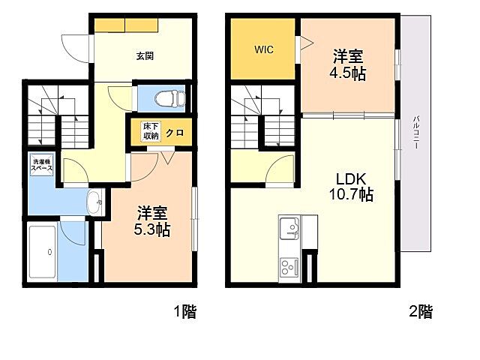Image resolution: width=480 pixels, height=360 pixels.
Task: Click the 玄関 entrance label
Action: click(x=145, y=56)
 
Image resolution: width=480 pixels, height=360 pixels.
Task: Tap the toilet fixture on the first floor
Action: click(x=170, y=98)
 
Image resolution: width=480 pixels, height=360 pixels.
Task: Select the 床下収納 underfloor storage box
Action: click(x=151, y=131)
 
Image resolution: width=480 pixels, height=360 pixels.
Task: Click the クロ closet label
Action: click(x=175, y=133)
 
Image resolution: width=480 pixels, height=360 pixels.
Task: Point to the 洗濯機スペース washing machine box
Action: click(x=42, y=165)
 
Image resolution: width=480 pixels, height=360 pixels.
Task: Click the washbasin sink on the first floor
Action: click(x=95, y=202)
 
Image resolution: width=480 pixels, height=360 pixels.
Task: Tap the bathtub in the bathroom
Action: click(x=42, y=252)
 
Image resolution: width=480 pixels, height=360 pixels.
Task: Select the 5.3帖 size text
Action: click(x=152, y=229)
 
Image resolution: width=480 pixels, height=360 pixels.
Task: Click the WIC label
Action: click(x=263, y=49)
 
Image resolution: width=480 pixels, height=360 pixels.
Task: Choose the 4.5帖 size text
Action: click(x=348, y=73)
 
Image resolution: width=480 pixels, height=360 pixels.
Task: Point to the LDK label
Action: click(x=351, y=178)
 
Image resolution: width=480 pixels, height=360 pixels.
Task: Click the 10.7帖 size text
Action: click(x=351, y=194)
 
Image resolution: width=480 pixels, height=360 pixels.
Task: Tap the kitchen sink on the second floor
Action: click(x=289, y=228)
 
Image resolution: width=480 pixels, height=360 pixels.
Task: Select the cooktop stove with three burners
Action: click(x=289, y=267)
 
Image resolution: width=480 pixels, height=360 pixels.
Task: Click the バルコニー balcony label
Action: click(x=415, y=132)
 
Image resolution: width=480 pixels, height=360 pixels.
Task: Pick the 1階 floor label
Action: click(x=185, y=312)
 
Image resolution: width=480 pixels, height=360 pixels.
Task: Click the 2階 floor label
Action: click(x=421, y=312)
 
